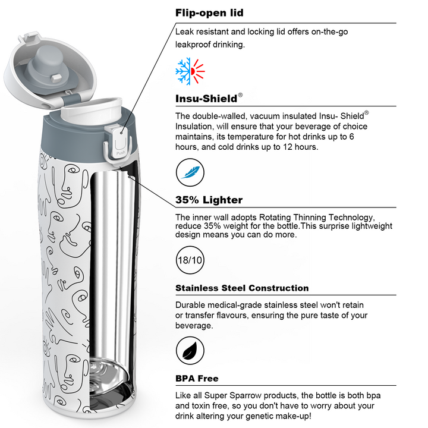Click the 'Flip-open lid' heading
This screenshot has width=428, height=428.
coord(209,13)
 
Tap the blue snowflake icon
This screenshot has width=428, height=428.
coord(183,71)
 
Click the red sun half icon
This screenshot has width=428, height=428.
coord(198,71)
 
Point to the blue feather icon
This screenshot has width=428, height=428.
coord(190,172)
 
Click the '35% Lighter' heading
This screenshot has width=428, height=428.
coord(209,200)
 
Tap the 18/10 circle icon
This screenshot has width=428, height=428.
coord(190,260)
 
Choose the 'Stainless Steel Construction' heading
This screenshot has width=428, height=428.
coord(242,288)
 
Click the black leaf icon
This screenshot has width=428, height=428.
coord(190,351)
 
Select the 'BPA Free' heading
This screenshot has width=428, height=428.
coord(197,378)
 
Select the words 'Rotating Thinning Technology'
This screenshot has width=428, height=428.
coord(316,218)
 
